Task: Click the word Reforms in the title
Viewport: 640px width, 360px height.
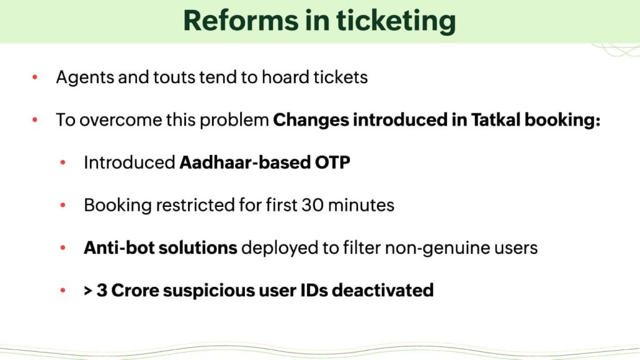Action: coord(241,21)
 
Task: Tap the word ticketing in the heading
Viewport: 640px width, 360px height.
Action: coord(396,22)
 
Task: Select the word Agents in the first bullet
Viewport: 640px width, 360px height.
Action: coord(85,77)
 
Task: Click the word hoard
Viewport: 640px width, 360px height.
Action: coord(285,77)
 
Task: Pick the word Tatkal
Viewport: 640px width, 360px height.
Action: coord(496,119)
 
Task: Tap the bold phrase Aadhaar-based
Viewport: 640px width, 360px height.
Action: coord(245,162)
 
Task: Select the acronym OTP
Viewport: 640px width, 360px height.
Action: coord(332,162)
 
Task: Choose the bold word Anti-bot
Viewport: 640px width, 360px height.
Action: coord(119,247)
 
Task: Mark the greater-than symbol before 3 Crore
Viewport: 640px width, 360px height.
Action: coord(87,291)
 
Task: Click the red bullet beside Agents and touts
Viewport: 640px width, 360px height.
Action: coord(35,77)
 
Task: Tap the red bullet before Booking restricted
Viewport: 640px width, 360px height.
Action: coord(63,205)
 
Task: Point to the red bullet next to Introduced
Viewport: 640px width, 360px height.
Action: coord(63,162)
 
